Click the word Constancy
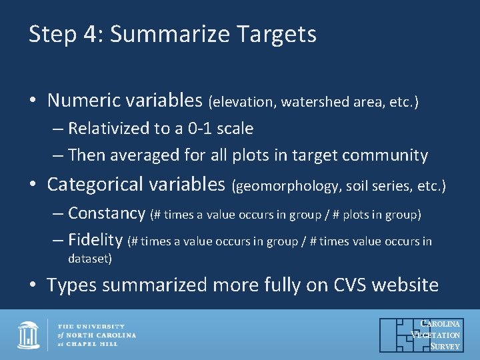point(107,213)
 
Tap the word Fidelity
point(95,240)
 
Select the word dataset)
point(90,258)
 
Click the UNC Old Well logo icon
point(28,335)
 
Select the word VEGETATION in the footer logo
point(437,335)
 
